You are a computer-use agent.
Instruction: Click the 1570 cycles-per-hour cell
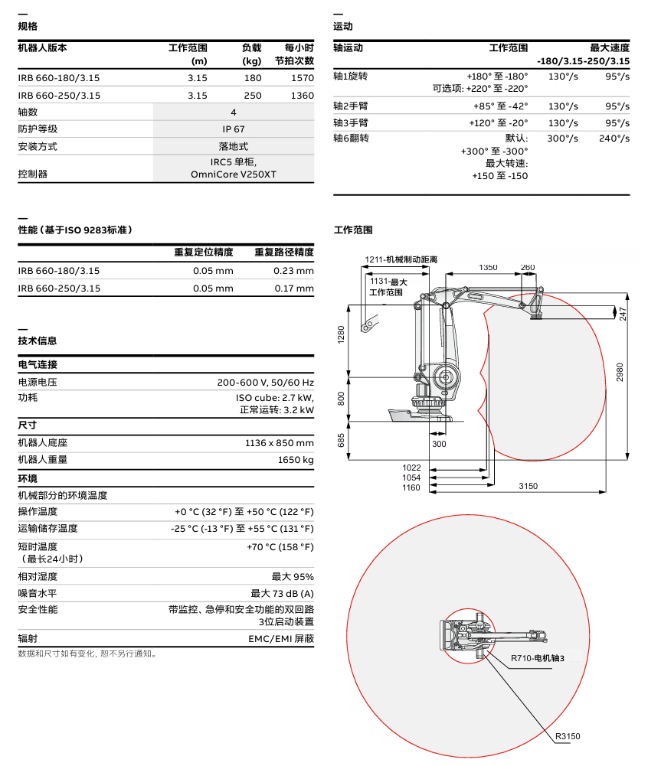pos(303,78)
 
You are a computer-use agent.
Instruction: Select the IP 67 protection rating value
pos(234,129)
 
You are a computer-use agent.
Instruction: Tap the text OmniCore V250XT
pos(234,174)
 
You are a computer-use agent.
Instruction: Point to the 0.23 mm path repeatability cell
pos(293,271)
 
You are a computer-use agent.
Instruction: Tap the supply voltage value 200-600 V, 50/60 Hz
pos(265,382)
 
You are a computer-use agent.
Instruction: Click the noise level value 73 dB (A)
pos(282,593)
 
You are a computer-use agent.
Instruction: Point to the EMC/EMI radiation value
pos(281,638)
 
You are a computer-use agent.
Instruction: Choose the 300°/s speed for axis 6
pos(563,139)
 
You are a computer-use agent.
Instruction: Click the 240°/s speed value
pos(614,139)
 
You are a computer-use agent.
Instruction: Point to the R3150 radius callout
pos(568,736)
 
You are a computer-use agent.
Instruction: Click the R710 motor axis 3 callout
pos(538,658)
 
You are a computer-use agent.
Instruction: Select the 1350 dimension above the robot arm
pos(488,267)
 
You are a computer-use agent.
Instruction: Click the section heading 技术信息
pos(38,341)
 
